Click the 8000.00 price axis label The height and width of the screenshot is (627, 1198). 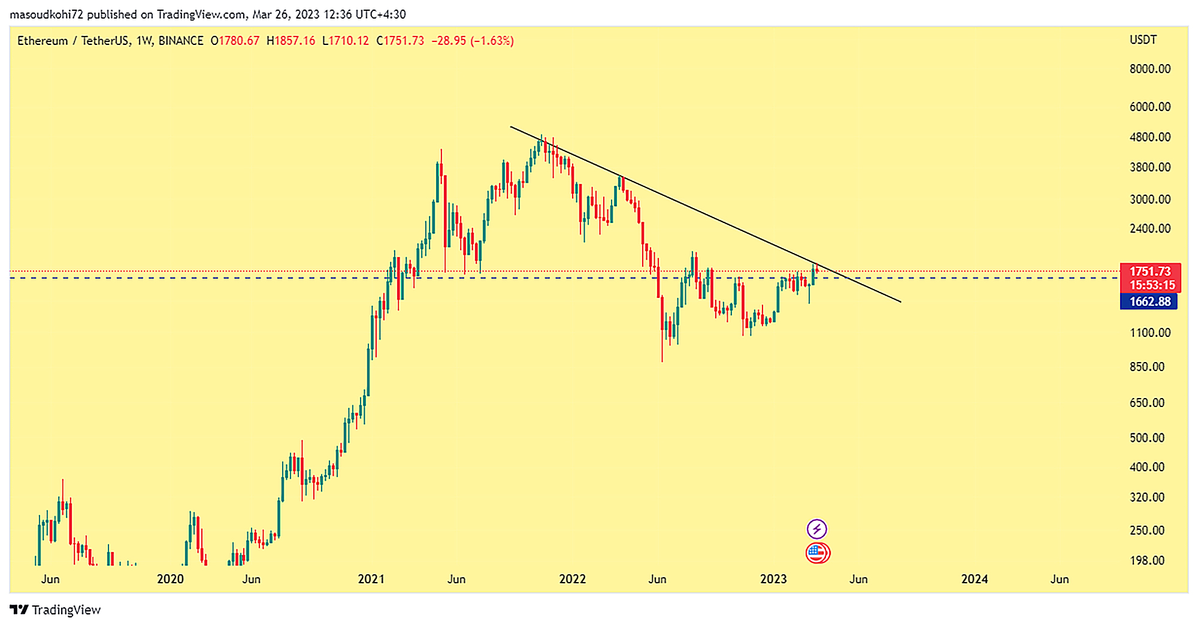point(1149,69)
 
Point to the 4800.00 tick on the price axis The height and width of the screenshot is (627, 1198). point(1149,137)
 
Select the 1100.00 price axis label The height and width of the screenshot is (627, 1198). point(1149,333)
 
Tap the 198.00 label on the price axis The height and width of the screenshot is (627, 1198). point(1146,560)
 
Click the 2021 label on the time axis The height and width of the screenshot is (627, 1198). point(371,579)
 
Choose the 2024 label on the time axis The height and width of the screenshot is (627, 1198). point(974,579)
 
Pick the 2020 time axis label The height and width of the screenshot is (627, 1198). point(170,579)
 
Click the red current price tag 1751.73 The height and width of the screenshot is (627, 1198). point(1149,272)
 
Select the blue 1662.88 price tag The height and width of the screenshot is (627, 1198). point(1148,302)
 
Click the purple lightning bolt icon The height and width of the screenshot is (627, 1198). point(817,529)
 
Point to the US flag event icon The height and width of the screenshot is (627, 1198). point(817,553)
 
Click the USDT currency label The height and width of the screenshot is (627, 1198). point(1143,40)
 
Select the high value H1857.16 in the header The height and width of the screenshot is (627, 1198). point(291,41)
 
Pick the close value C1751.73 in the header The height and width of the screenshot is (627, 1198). point(400,41)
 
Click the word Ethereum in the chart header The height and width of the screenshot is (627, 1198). point(43,41)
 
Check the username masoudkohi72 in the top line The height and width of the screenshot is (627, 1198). point(46,14)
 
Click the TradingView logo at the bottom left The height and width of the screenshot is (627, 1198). point(55,610)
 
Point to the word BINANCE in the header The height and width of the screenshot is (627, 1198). point(181,41)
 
